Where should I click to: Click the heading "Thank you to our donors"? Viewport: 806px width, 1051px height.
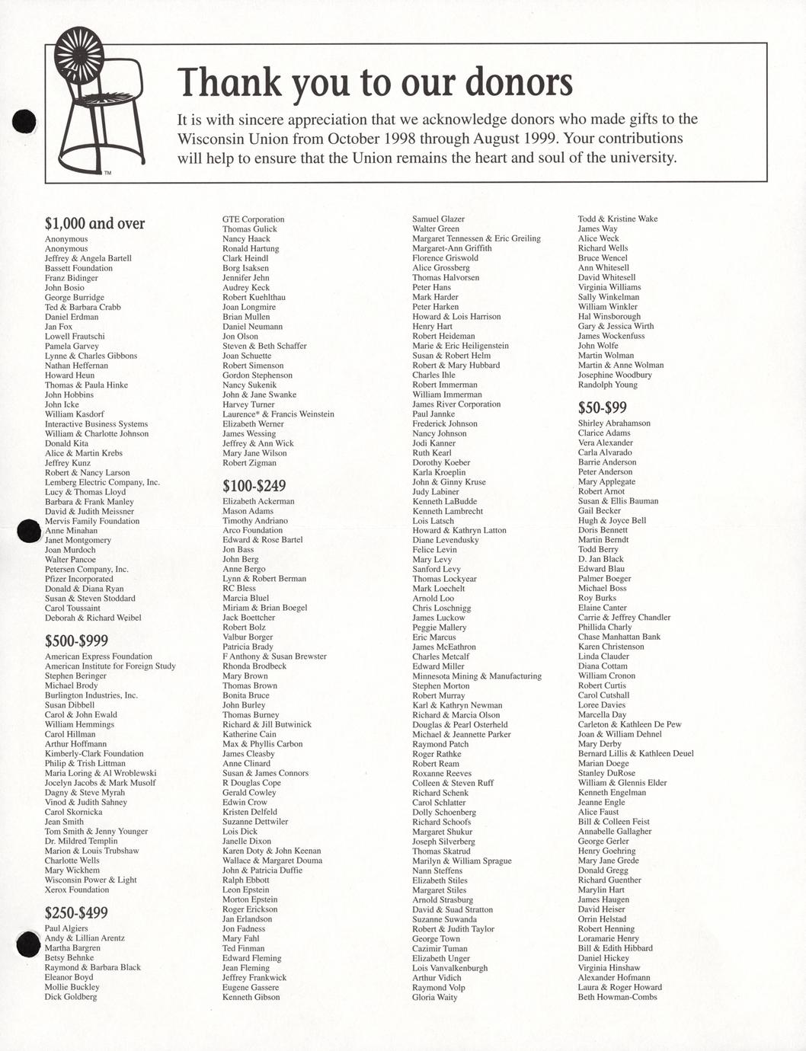point(374,82)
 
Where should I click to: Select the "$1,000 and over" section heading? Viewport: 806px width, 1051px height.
point(94,223)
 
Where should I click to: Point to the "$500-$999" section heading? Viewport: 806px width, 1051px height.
point(76,641)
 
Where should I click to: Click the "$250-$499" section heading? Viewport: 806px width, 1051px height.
point(76,912)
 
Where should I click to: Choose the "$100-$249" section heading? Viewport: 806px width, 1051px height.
point(254,485)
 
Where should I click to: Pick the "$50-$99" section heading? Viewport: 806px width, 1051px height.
point(602,407)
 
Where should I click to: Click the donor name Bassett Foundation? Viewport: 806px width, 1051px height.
point(78,268)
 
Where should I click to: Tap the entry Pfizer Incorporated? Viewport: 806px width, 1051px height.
point(78,579)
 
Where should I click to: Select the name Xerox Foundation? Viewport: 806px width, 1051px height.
point(76,890)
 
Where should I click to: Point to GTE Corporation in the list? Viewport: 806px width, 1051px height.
point(253,219)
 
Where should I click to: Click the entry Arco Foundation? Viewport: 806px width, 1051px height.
point(252,530)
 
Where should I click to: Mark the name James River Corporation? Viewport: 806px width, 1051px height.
point(456,404)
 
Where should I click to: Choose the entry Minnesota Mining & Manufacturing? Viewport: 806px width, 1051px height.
point(477,676)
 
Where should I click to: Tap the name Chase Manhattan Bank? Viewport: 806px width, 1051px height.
point(619,637)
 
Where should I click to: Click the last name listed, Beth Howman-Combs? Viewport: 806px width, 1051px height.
point(617,997)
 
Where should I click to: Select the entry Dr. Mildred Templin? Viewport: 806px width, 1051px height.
point(81,841)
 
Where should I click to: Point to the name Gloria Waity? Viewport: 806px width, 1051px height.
point(434,997)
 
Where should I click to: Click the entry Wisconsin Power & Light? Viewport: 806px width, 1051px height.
point(91,880)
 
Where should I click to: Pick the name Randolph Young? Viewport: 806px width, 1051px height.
point(607,385)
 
